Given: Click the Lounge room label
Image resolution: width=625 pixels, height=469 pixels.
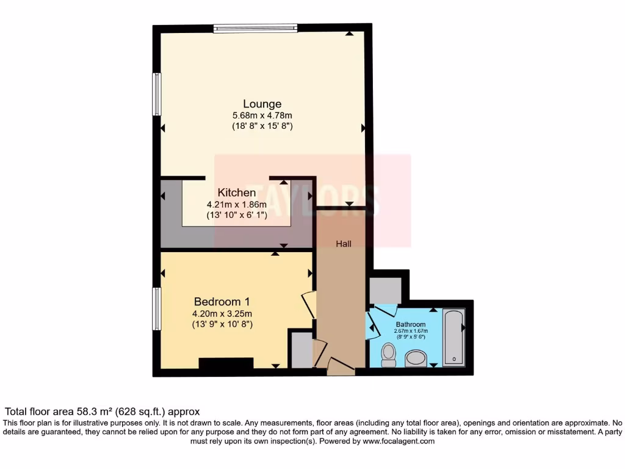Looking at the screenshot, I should click(x=262, y=104).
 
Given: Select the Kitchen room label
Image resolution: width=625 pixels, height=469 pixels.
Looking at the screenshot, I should click(x=237, y=193).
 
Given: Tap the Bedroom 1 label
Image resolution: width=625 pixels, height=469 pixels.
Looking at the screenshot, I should click(x=222, y=302).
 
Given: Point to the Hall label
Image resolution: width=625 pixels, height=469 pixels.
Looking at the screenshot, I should click(x=344, y=244).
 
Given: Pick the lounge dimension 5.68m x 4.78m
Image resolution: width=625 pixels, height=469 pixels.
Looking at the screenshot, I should click(x=262, y=115).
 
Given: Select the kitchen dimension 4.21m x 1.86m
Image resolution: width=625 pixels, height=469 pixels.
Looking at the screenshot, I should click(x=237, y=205).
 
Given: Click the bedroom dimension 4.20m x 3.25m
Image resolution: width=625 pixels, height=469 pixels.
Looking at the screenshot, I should click(x=222, y=314).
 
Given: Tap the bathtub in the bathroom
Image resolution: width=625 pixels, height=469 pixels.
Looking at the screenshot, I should click(x=453, y=337).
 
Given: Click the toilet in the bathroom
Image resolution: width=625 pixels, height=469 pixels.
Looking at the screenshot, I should click(x=388, y=354).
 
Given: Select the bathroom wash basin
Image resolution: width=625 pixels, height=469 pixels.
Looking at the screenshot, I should click(x=416, y=358).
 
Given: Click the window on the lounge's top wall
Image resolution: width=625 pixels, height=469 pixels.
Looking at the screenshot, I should click(x=255, y=27).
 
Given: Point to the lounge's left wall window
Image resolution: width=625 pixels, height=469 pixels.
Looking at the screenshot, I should click(x=157, y=94).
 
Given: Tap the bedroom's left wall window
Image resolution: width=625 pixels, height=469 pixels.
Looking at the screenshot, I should click(x=157, y=309).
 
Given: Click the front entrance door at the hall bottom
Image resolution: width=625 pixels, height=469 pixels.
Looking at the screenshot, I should click(x=341, y=366).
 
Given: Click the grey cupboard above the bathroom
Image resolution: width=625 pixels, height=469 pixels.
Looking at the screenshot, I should click(x=385, y=290).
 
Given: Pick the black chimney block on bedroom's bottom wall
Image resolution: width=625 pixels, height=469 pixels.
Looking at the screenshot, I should click(x=226, y=364).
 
